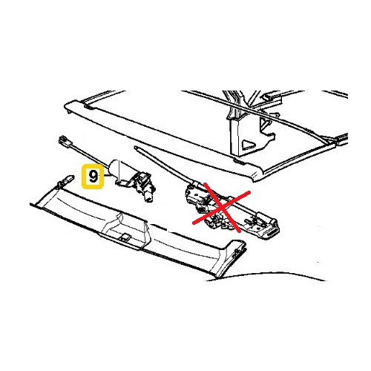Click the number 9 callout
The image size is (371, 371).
(x=93, y=177)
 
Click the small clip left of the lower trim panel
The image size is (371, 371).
(x=66, y=179)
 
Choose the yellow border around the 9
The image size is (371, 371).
(x=84, y=177)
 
